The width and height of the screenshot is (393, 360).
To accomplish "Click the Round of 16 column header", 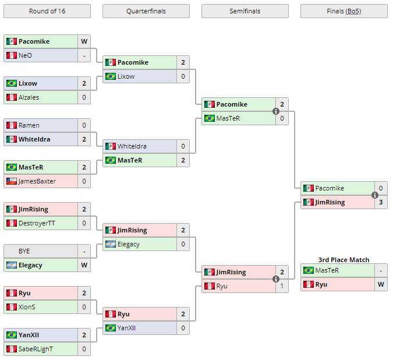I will (47, 11).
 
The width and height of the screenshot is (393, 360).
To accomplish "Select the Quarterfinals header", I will (146, 11).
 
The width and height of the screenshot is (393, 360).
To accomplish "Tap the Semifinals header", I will (245, 11).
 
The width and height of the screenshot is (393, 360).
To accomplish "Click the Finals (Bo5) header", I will (344, 11).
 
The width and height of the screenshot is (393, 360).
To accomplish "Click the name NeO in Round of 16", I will (25, 55).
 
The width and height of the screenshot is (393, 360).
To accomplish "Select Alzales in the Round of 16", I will (29, 97).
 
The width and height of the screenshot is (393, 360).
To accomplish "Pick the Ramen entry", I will (29, 125).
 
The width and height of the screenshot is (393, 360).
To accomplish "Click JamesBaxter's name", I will (37, 181).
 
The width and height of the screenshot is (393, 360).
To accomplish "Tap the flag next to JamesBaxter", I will (11, 181).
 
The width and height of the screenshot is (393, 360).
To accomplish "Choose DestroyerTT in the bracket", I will (37, 223).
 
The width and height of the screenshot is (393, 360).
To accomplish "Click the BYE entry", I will (24, 251).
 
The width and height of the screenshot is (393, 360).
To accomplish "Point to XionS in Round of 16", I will (27, 307).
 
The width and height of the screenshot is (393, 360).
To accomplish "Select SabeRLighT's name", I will (36, 349).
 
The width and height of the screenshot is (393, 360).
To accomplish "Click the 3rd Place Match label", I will (344, 260).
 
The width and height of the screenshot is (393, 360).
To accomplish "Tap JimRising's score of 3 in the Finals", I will (381, 202).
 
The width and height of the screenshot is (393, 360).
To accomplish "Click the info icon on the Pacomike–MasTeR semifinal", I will (276, 111).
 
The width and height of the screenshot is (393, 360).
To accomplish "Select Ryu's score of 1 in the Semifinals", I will (282, 286).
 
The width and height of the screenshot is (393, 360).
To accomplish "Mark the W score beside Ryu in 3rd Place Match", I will (381, 284).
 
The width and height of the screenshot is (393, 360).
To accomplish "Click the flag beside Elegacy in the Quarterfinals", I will (110, 244).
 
